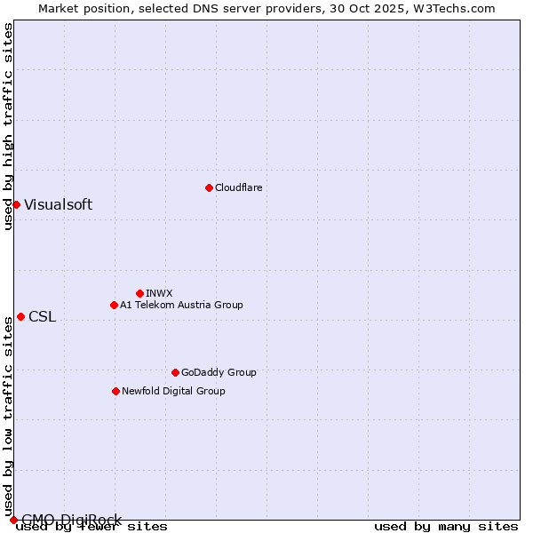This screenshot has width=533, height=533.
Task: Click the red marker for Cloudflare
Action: coord(209,187)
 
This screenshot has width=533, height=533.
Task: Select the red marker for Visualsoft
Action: coord(16,204)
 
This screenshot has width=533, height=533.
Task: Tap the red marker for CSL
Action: coord(20,317)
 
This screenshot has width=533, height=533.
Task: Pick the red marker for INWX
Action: coord(139,293)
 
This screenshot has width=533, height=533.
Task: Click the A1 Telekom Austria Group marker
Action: coord(114,305)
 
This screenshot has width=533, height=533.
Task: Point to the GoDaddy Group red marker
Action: coord(175,372)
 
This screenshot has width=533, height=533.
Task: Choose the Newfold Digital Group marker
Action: coord(115,391)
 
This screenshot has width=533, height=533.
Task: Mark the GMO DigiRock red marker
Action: coord(13,520)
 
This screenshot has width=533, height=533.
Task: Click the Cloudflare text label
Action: coord(238,187)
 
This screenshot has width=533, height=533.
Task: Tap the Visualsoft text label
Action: coord(58,204)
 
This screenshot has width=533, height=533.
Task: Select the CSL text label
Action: coord(42,317)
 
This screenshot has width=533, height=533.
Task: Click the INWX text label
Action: coord(159,293)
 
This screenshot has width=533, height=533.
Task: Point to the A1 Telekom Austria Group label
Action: coord(181,305)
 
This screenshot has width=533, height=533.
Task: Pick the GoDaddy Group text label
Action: coord(219,372)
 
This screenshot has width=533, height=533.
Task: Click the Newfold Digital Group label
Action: coord(173,391)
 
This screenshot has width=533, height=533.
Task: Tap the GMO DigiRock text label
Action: coord(71,520)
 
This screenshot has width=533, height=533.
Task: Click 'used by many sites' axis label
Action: coord(446,527)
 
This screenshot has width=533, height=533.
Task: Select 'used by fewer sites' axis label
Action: coord(91,527)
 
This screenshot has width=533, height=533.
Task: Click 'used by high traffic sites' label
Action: coord(8,126)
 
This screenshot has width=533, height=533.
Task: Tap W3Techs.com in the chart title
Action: coord(457,8)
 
